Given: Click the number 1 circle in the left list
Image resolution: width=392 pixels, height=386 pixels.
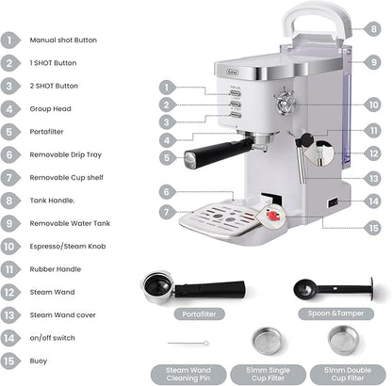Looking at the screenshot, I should click(x=11, y=40).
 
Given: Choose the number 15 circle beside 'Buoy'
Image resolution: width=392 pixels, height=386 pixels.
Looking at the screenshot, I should click(x=11, y=360).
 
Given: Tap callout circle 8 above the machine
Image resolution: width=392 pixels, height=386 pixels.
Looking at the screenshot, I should click(x=374, y=30).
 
